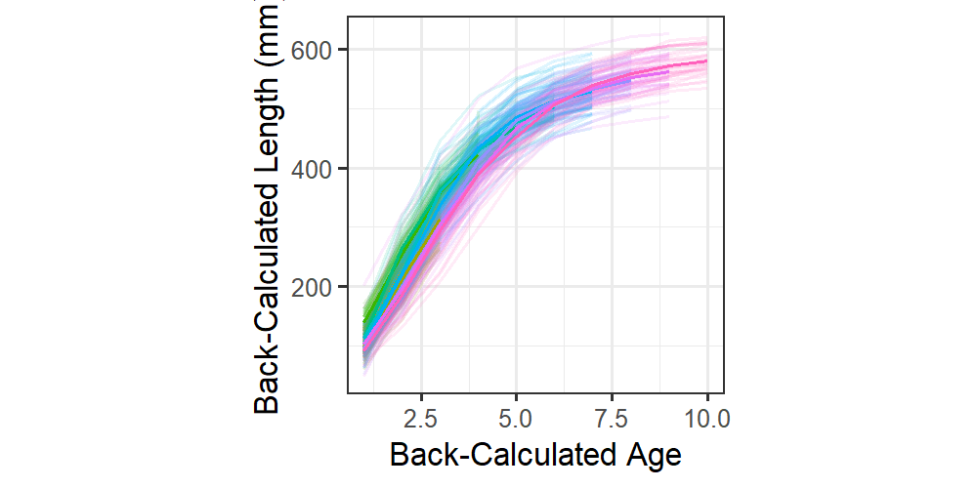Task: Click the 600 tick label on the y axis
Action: pyautogui.click(x=317, y=50)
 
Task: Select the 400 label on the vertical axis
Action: pyautogui.click(x=317, y=169)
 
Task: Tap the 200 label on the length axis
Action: pyautogui.click(x=317, y=287)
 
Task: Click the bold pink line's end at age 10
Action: pyautogui.click(x=706, y=61)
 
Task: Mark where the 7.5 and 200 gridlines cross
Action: pyautogui.click(x=611, y=287)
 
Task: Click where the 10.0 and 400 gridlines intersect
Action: pyautogui.click(x=706, y=169)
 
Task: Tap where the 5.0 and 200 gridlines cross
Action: pyautogui.click(x=516, y=287)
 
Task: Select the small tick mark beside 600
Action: pyautogui.click(x=344, y=50)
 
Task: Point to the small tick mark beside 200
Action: pyautogui.click(x=344, y=287)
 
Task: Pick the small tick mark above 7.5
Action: pyautogui.click(x=611, y=396)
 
